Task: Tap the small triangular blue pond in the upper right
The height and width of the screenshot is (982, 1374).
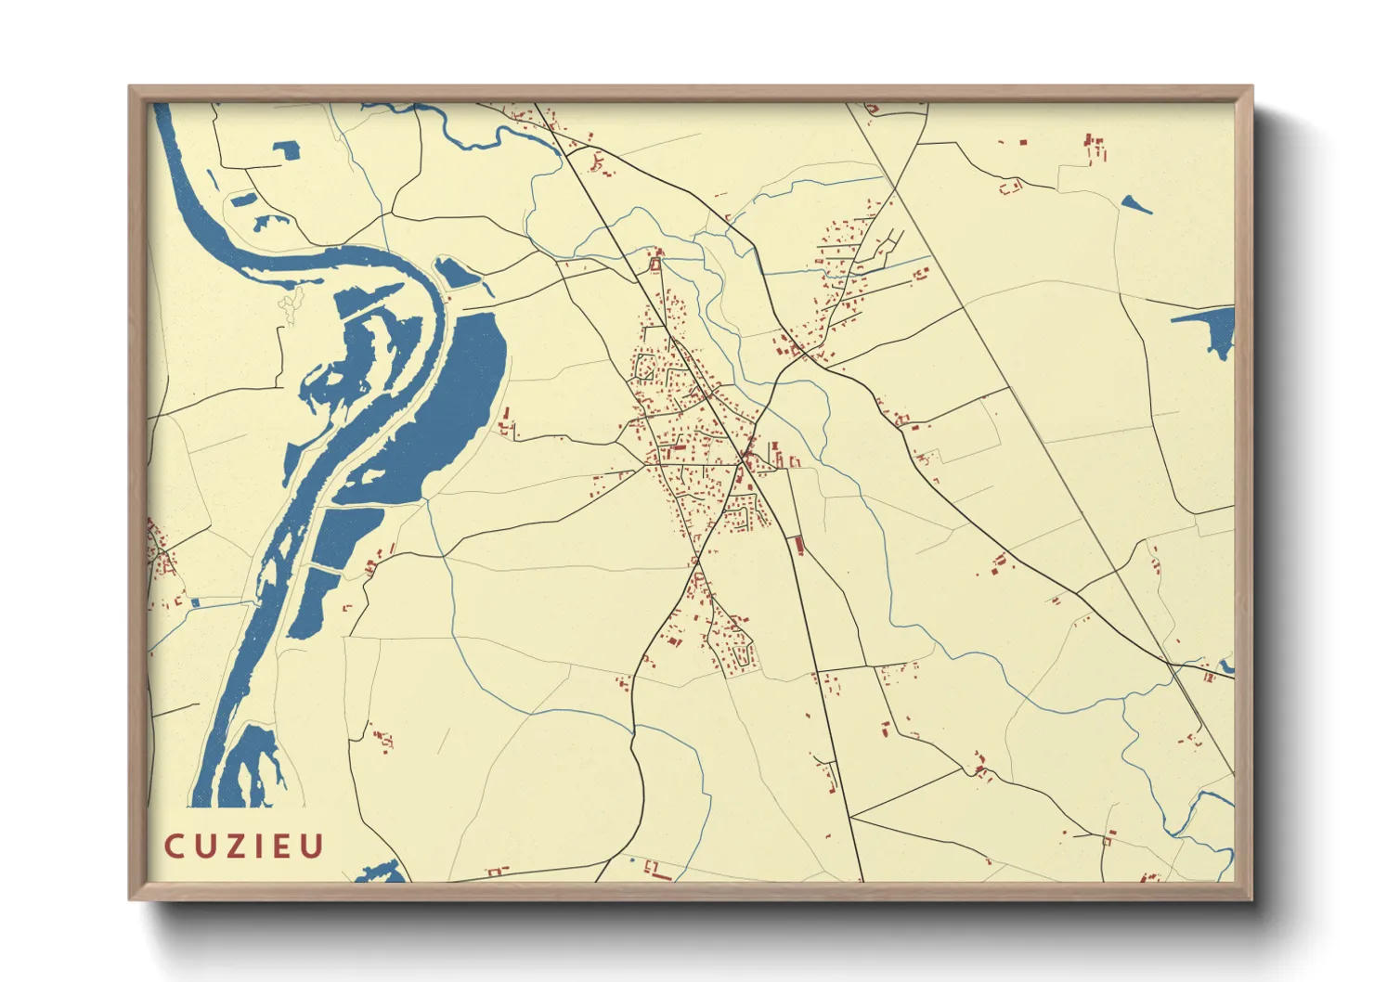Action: tap(1134, 204)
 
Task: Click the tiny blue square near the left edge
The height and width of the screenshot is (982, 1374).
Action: tap(195, 602)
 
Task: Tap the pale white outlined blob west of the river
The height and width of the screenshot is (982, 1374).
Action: tap(292, 304)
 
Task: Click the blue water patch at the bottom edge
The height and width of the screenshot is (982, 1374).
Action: tap(382, 873)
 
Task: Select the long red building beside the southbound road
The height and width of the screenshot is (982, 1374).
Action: tap(798, 545)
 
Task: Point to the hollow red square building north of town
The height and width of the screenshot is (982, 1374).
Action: tap(655, 265)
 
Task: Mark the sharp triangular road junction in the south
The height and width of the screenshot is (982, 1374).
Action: tap(852, 818)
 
